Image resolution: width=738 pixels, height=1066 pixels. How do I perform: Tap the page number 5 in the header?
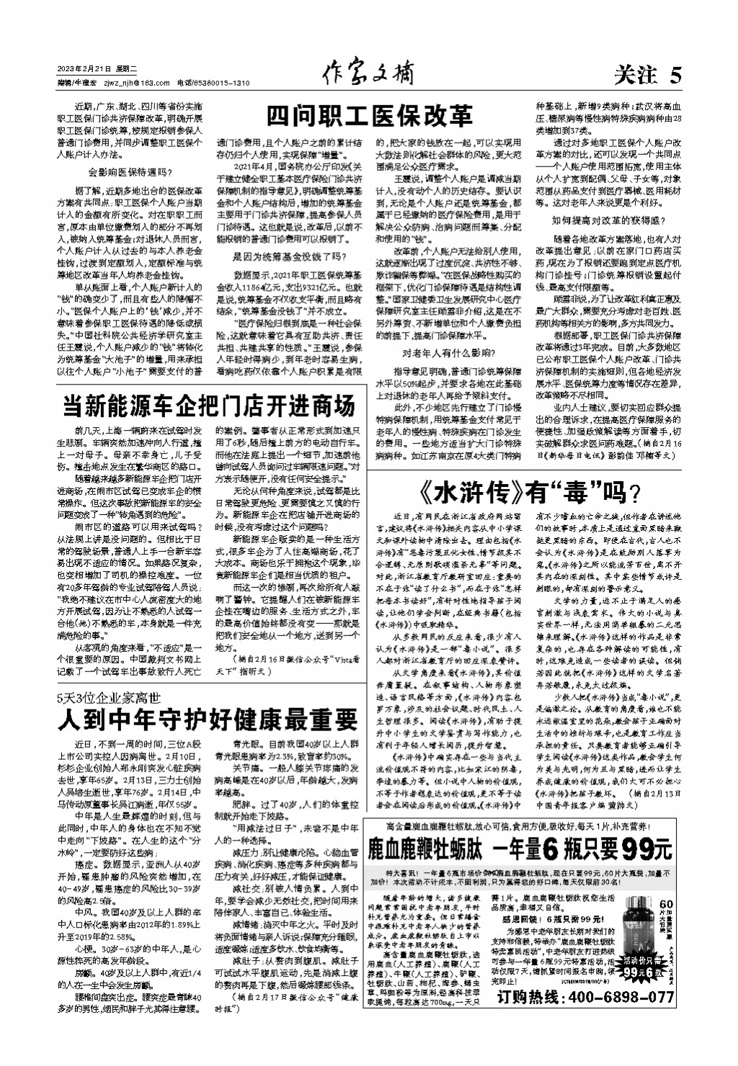tap(675, 74)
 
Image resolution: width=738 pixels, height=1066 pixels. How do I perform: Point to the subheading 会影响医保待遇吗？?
tap(130, 171)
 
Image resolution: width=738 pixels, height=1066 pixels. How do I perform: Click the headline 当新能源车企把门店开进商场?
tap(209, 406)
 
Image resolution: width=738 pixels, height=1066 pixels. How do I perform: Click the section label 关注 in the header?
tap(635, 75)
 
